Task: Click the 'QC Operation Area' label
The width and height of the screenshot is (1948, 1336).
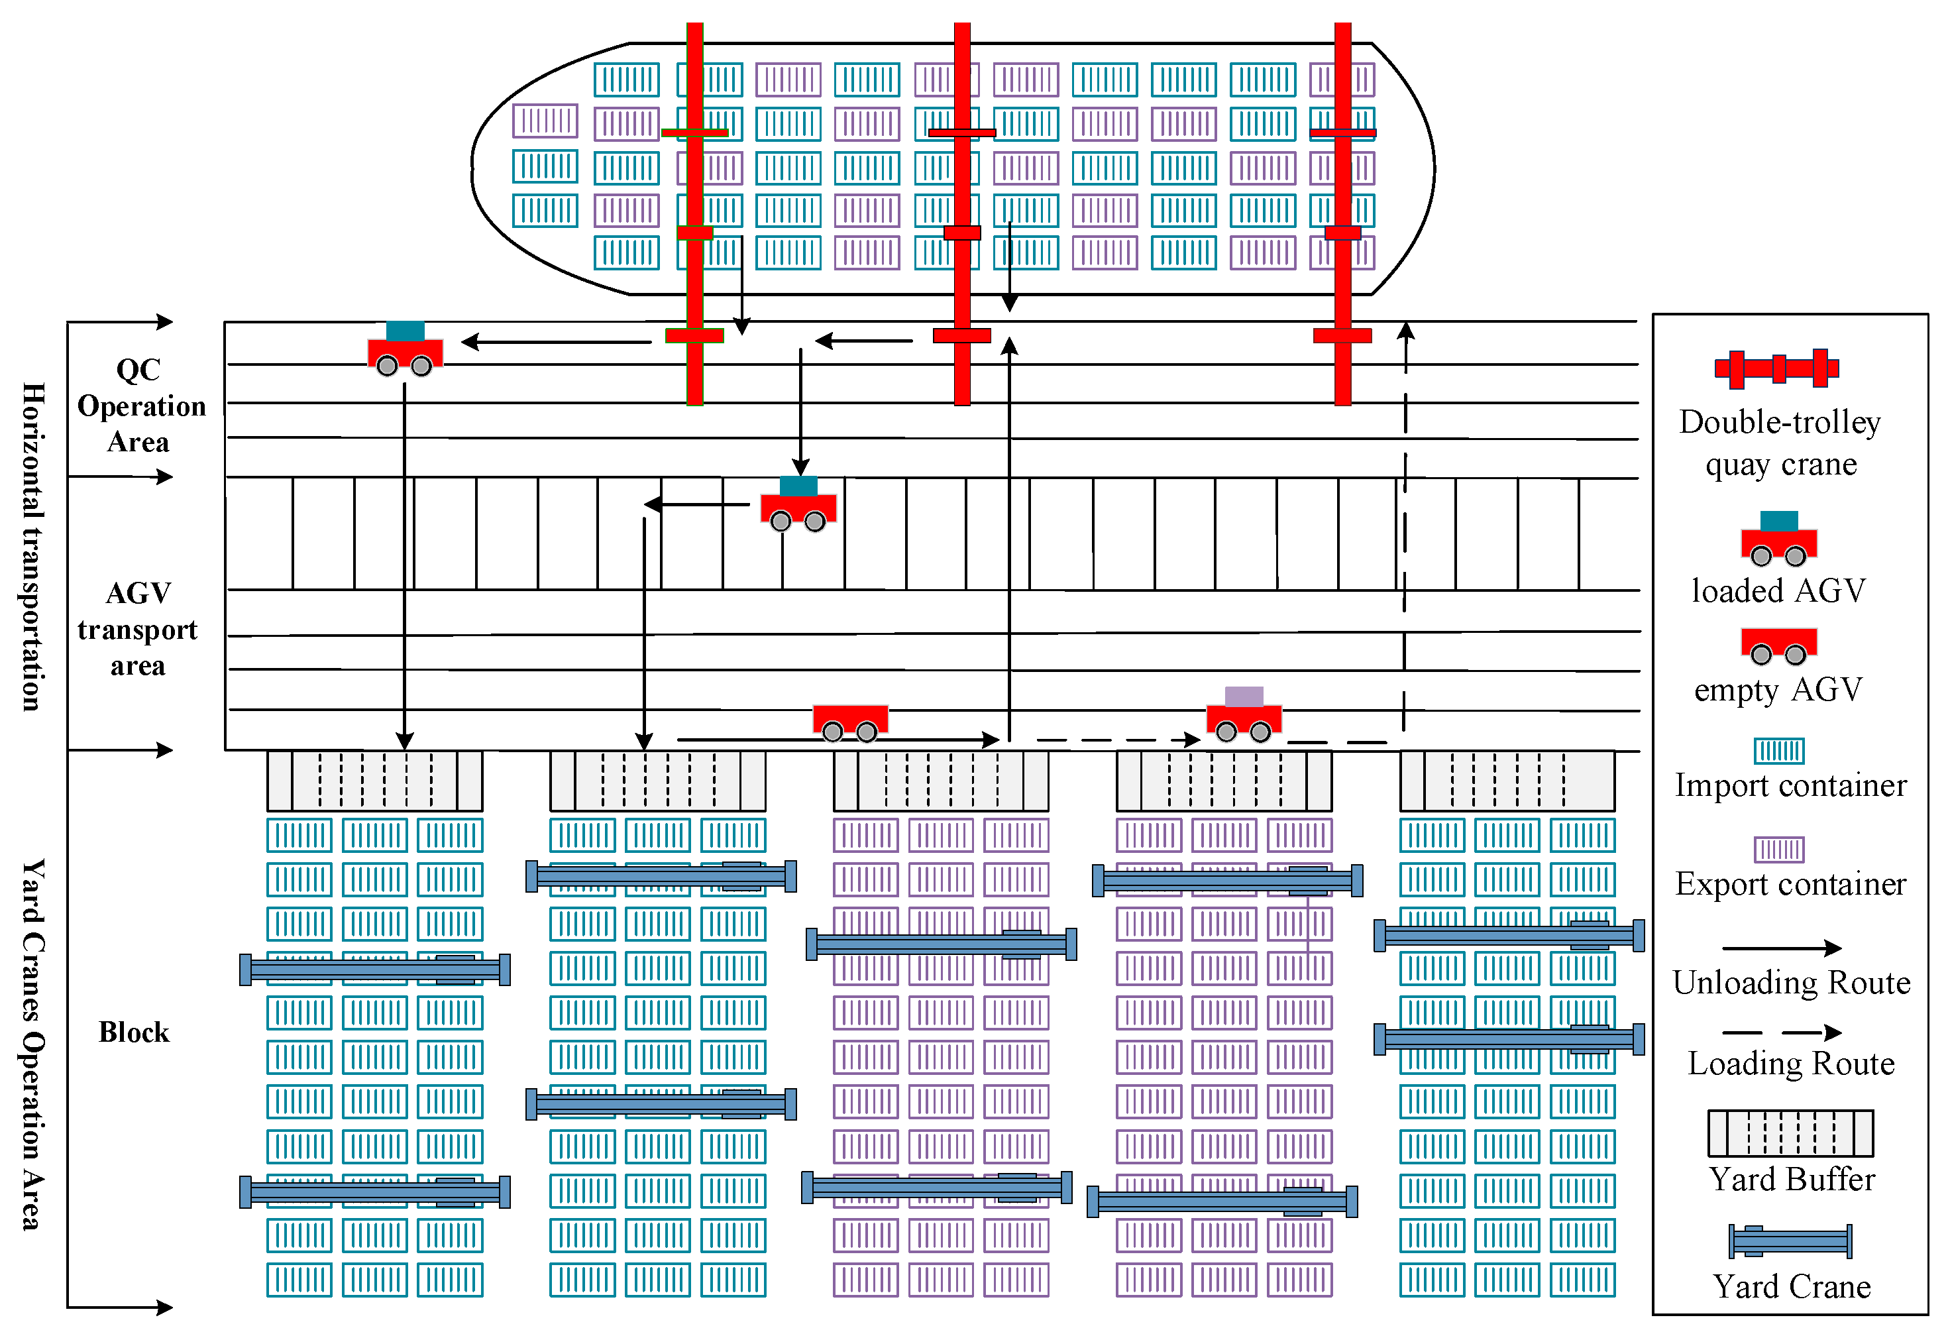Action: click(x=140, y=406)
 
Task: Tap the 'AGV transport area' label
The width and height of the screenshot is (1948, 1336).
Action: click(x=137, y=629)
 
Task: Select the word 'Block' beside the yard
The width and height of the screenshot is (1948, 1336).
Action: click(x=134, y=1032)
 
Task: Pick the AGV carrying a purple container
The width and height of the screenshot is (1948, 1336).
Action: click(x=1243, y=715)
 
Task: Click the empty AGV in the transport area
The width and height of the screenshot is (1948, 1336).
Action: click(x=850, y=722)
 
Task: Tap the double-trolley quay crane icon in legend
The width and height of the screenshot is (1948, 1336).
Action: click(x=1776, y=368)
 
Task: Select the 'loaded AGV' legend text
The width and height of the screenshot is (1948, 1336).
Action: click(x=1778, y=591)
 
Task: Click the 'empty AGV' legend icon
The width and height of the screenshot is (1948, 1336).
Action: click(x=1778, y=643)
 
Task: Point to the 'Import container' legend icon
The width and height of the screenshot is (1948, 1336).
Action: click(x=1778, y=750)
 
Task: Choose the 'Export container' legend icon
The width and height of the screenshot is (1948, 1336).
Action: click(x=1778, y=849)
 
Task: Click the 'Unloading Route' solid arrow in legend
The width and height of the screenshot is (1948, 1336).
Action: click(x=1781, y=948)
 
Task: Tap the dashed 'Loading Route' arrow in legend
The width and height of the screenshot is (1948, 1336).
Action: click(x=1781, y=1032)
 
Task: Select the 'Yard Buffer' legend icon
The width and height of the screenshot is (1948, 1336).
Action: click(x=1790, y=1133)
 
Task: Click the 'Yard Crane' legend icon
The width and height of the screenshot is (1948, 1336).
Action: click(x=1790, y=1241)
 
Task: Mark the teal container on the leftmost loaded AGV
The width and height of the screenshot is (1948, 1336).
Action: click(x=405, y=331)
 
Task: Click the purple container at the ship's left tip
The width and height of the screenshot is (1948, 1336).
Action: click(x=545, y=121)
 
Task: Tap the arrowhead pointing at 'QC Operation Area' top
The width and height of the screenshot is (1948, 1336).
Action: click(x=164, y=321)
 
